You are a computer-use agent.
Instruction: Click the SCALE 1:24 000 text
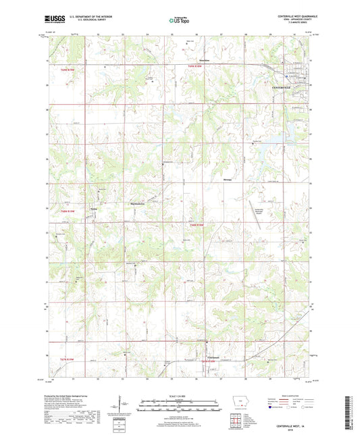[x=180, y=396]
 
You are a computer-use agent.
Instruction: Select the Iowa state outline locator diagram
[x=240, y=399]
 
